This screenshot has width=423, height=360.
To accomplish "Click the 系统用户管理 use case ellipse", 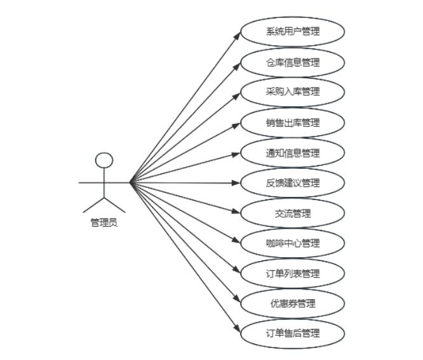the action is click(x=293, y=32).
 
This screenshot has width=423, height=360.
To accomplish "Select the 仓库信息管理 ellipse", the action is click(x=293, y=62).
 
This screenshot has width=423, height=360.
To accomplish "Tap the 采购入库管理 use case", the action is click(x=293, y=92).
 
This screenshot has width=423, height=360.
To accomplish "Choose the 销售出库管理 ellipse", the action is click(x=293, y=123).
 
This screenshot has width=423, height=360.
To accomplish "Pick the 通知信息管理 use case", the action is click(x=293, y=153).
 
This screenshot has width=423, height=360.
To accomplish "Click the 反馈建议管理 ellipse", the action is click(x=293, y=183).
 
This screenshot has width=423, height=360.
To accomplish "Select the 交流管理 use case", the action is click(x=293, y=213).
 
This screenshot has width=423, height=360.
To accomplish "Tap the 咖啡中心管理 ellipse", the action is click(x=293, y=243).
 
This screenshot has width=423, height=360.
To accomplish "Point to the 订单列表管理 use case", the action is click(x=293, y=274).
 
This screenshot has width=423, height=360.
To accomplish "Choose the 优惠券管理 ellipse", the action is click(x=293, y=303).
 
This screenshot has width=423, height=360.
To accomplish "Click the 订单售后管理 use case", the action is click(x=293, y=333).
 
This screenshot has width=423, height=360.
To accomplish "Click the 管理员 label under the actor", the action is click(x=104, y=223).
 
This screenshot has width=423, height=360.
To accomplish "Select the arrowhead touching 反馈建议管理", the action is click(x=237, y=183).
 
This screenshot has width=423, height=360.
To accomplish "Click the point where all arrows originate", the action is click(x=130, y=183).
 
